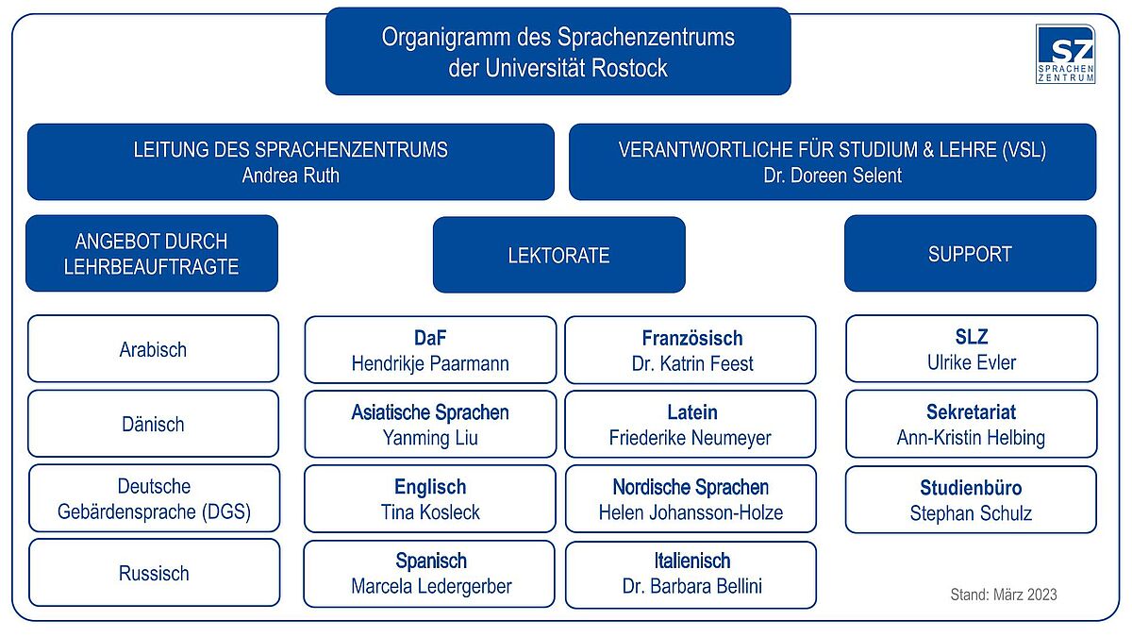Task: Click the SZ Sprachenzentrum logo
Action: point(1065,54)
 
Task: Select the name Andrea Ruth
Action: point(291,176)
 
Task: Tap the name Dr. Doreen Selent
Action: point(832,176)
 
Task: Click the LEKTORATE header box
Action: point(558,255)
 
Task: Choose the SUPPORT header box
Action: point(971,253)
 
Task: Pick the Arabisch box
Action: point(153,349)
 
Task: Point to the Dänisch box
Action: point(153,424)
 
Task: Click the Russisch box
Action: point(154,573)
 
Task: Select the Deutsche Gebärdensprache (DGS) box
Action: point(154,498)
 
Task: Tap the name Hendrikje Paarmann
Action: point(430,363)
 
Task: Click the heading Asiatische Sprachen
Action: point(430,412)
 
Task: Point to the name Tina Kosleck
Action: point(430,512)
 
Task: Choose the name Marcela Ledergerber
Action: point(431,586)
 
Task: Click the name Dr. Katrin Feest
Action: point(692,363)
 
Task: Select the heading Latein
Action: point(692,412)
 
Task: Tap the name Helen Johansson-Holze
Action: point(691,512)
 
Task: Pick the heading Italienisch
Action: point(692,562)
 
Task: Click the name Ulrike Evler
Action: point(972,362)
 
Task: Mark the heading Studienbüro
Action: point(971,488)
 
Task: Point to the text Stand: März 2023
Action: point(1004,595)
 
